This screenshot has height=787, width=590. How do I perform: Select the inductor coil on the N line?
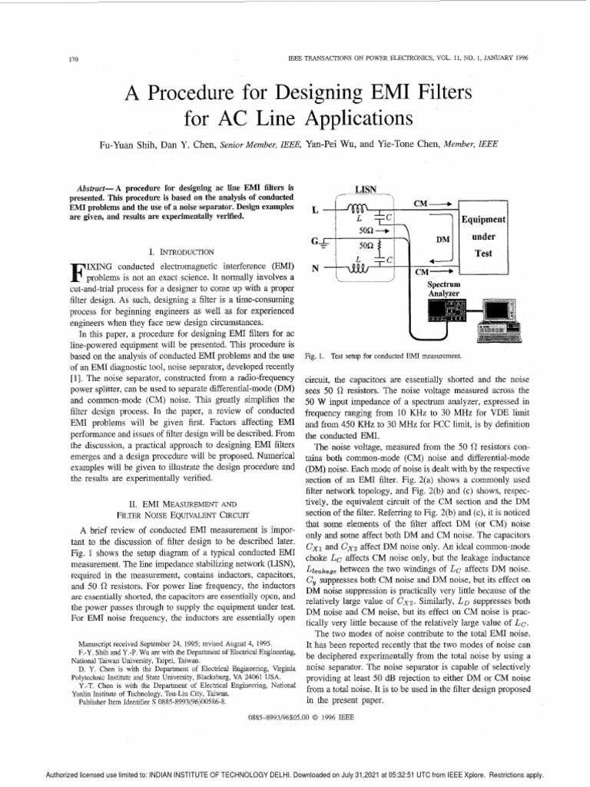click(x=359, y=268)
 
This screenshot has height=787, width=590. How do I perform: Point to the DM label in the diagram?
click(x=442, y=239)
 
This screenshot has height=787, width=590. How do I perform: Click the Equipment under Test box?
click(x=482, y=235)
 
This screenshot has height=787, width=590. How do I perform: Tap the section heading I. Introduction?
click(x=178, y=251)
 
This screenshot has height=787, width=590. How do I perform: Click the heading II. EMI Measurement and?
click(x=178, y=501)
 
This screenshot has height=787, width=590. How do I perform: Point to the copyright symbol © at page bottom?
click(x=313, y=716)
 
